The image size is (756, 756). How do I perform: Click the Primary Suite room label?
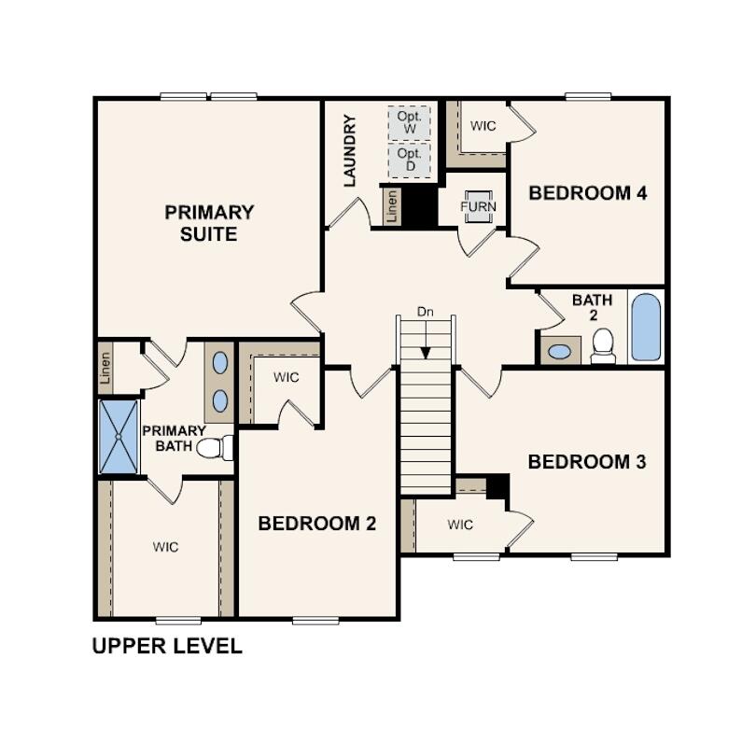point(209,223)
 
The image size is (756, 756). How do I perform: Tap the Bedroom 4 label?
point(588,193)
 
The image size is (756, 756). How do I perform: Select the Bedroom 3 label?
point(587,462)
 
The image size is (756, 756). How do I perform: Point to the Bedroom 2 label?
point(317,523)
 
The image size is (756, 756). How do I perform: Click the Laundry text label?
point(351,150)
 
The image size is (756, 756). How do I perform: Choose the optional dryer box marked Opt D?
point(409,160)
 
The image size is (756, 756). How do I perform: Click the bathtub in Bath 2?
point(646,327)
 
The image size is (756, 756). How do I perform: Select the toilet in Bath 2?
point(603,344)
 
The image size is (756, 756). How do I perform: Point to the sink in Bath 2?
point(560,352)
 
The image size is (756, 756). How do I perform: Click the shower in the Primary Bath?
point(119,436)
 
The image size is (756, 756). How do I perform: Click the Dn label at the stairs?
point(426,312)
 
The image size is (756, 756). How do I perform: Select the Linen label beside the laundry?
point(391,205)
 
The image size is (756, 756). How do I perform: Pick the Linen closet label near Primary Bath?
point(105,367)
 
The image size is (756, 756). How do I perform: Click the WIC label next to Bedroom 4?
point(483,126)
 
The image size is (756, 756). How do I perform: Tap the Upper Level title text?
point(167,646)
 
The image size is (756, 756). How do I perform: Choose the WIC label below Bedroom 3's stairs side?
point(460,525)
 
